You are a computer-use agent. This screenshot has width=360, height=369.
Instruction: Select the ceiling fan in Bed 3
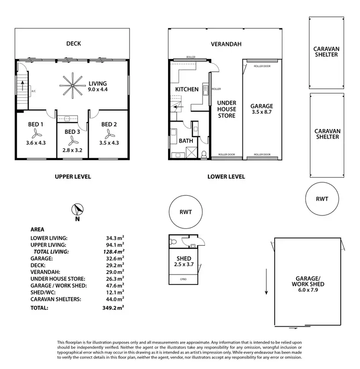72,140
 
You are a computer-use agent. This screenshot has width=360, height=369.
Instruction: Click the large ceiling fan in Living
70,86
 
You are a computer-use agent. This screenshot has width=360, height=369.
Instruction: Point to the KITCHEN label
187,90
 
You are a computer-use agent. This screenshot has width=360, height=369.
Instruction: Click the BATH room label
186,141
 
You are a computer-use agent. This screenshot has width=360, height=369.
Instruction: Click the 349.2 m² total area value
113,308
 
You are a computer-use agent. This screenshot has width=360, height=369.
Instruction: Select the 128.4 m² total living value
113,251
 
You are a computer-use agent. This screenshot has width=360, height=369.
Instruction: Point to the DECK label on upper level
73,44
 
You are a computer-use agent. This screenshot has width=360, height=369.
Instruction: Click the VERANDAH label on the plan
226,44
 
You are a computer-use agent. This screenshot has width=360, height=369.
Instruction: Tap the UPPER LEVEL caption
72,177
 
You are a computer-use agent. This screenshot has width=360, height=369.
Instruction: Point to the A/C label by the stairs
34,91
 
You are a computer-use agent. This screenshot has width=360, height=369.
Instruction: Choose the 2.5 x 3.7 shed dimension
184,264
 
